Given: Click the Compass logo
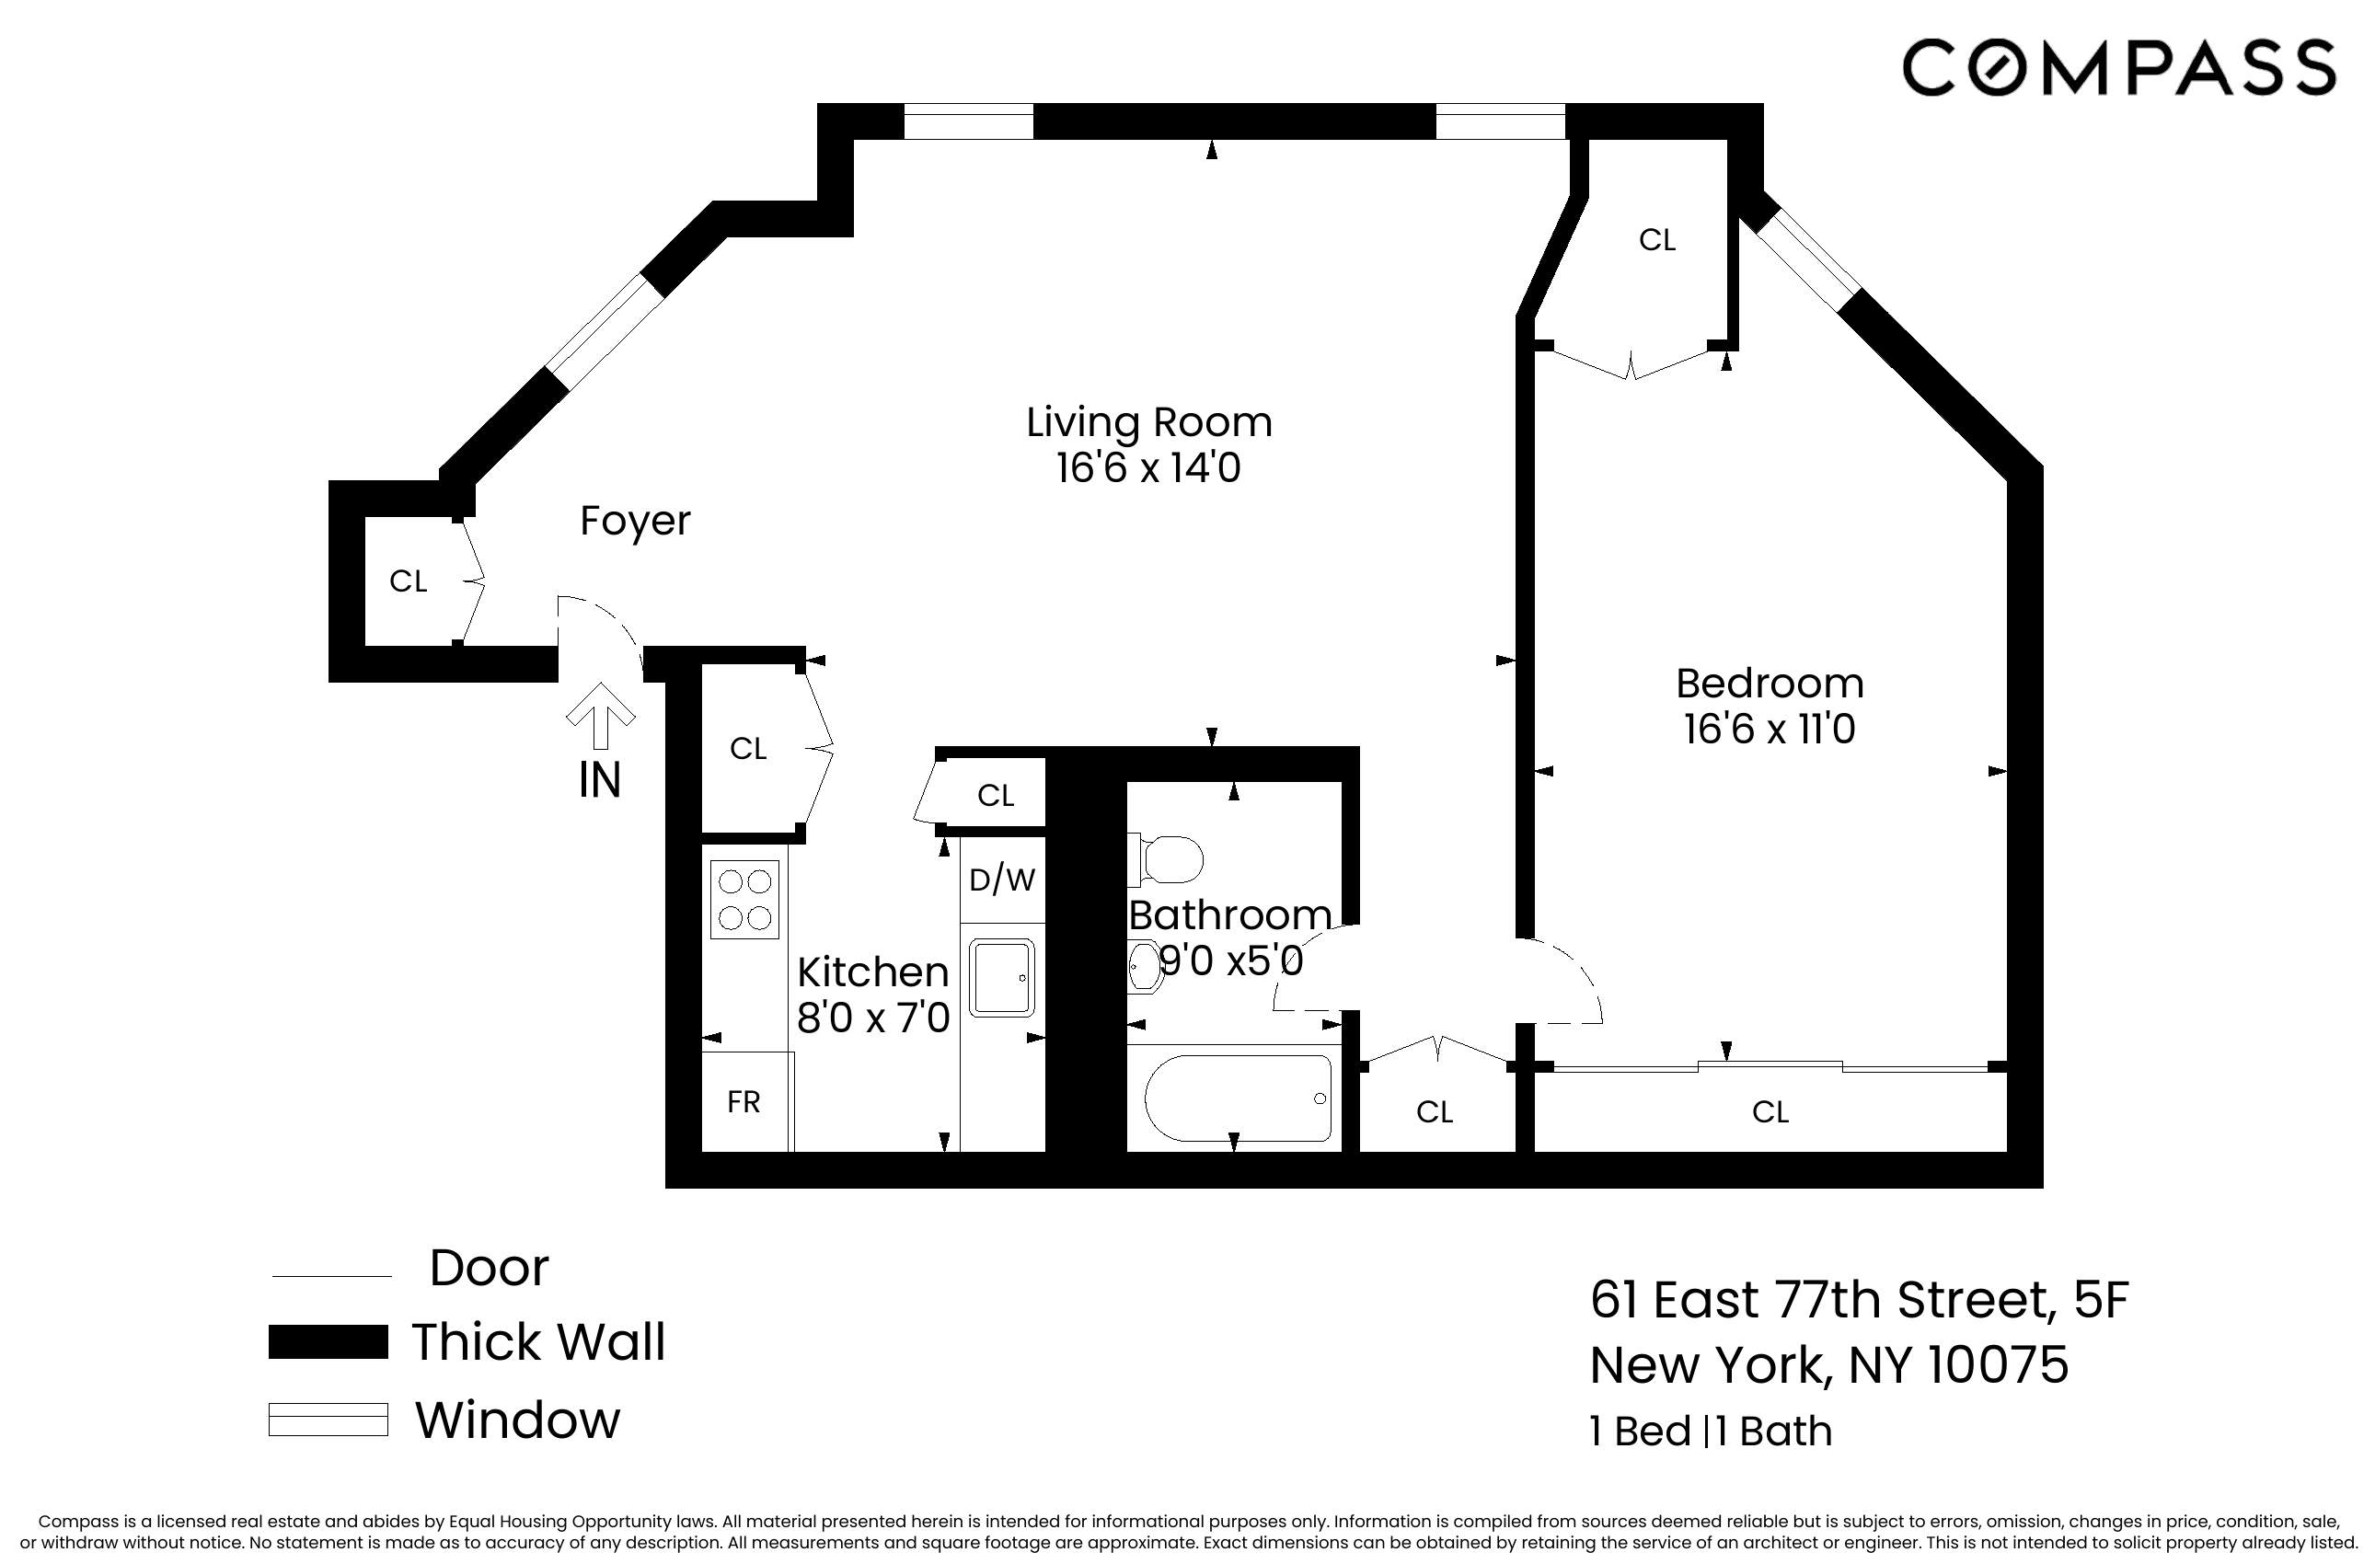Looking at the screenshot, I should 2118,68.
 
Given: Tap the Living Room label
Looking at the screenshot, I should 1148,422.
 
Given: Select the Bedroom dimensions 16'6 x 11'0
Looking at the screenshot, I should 1770,730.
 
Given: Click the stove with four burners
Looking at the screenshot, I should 744,899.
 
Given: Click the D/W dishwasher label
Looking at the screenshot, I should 1002,880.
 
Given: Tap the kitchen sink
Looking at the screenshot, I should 1002,979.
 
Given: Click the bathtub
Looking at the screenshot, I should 1238,1099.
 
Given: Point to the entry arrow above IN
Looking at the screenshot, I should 601,715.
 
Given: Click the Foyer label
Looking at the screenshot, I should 635,521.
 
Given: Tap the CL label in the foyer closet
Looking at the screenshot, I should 409,581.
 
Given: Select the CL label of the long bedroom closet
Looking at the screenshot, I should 1770,1111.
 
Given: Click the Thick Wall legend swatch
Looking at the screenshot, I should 328,1341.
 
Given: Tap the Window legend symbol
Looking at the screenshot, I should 328,1420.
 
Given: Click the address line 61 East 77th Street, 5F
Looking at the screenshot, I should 1859,1301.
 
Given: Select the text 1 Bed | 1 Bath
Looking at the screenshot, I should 1711,1432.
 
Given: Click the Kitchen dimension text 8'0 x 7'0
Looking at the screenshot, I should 873,1018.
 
